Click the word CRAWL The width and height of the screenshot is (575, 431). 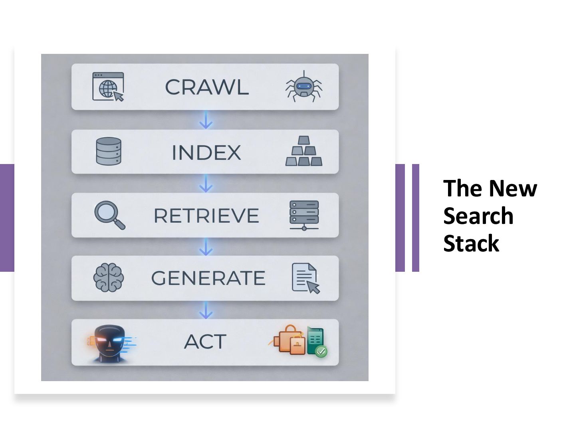[207, 87]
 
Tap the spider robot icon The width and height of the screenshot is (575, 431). [304, 87]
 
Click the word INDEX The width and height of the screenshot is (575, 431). [206, 152]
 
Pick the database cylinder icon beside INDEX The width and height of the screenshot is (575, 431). [109, 151]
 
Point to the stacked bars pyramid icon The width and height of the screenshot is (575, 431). [304, 151]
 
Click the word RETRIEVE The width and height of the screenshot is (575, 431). [206, 216]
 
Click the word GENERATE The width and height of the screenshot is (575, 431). [208, 278]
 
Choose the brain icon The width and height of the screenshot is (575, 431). [108, 277]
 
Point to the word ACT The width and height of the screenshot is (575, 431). [205, 342]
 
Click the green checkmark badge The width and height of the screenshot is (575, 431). [321, 351]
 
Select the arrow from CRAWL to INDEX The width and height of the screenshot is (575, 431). [206, 120]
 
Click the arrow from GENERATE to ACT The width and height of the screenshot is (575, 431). [206, 310]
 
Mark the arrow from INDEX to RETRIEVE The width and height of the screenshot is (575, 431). [206, 184]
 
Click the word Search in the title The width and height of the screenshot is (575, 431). [478, 216]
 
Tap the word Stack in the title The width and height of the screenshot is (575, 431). [471, 243]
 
